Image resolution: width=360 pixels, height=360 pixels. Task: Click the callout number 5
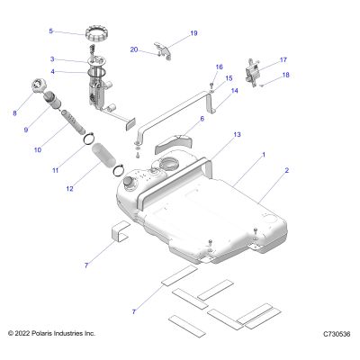coord(50,31)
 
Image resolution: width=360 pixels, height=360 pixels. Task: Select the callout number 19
coord(193,33)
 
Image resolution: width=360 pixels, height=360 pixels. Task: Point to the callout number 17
coord(283,60)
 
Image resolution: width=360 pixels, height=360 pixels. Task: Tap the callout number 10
coord(38,149)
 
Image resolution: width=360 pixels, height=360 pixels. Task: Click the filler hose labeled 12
coord(103,155)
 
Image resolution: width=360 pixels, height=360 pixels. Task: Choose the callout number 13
coord(237,135)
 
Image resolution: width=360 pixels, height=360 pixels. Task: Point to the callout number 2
coord(286,170)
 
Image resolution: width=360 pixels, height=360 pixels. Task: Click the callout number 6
coord(202,119)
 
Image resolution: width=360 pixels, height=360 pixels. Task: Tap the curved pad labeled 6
coord(174,144)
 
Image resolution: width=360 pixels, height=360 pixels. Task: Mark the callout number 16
coord(220,67)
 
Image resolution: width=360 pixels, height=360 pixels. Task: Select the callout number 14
coord(235,91)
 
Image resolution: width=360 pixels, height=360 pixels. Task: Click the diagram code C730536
coord(337,334)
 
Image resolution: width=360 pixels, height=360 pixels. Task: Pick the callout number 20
coord(134,49)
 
